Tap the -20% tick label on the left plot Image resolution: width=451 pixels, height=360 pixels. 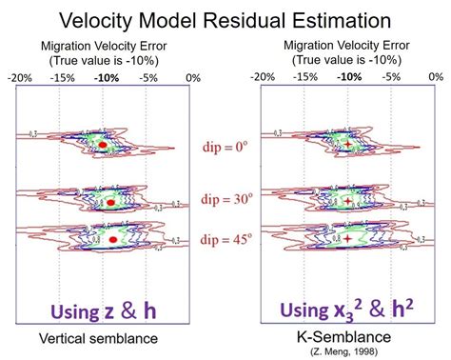[20, 77]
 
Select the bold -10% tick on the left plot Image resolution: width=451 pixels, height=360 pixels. [105, 77]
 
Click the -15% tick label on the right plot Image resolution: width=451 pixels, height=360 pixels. [306, 77]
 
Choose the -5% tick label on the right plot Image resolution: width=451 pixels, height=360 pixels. [391, 77]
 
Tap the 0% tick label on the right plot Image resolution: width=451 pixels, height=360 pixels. [434, 77]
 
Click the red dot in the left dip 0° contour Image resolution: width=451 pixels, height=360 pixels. [103, 148]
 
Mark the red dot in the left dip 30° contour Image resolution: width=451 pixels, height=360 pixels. [112, 203]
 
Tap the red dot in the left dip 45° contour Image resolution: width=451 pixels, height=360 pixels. [113, 239]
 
